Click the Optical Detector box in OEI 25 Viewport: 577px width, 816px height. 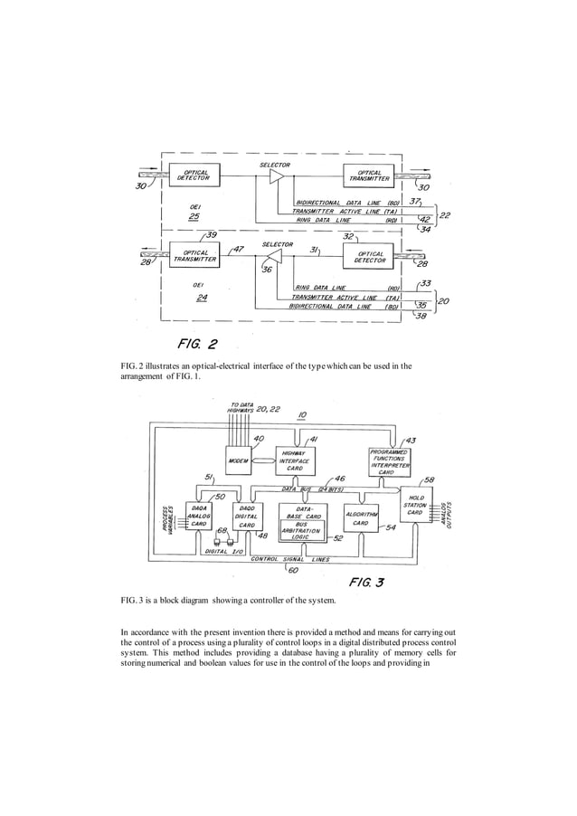click(x=194, y=176)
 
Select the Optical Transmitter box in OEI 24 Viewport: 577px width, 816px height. click(x=194, y=257)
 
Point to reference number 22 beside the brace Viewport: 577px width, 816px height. click(x=445, y=215)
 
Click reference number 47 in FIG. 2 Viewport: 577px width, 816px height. click(x=238, y=249)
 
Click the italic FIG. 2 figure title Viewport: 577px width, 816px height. click(x=196, y=344)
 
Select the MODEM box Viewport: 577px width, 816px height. click(x=239, y=460)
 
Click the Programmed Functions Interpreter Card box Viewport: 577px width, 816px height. click(x=392, y=461)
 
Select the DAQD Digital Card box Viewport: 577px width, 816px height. click(x=246, y=516)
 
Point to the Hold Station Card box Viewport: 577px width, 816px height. click(x=415, y=506)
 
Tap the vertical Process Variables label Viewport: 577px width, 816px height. click(x=167, y=518)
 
